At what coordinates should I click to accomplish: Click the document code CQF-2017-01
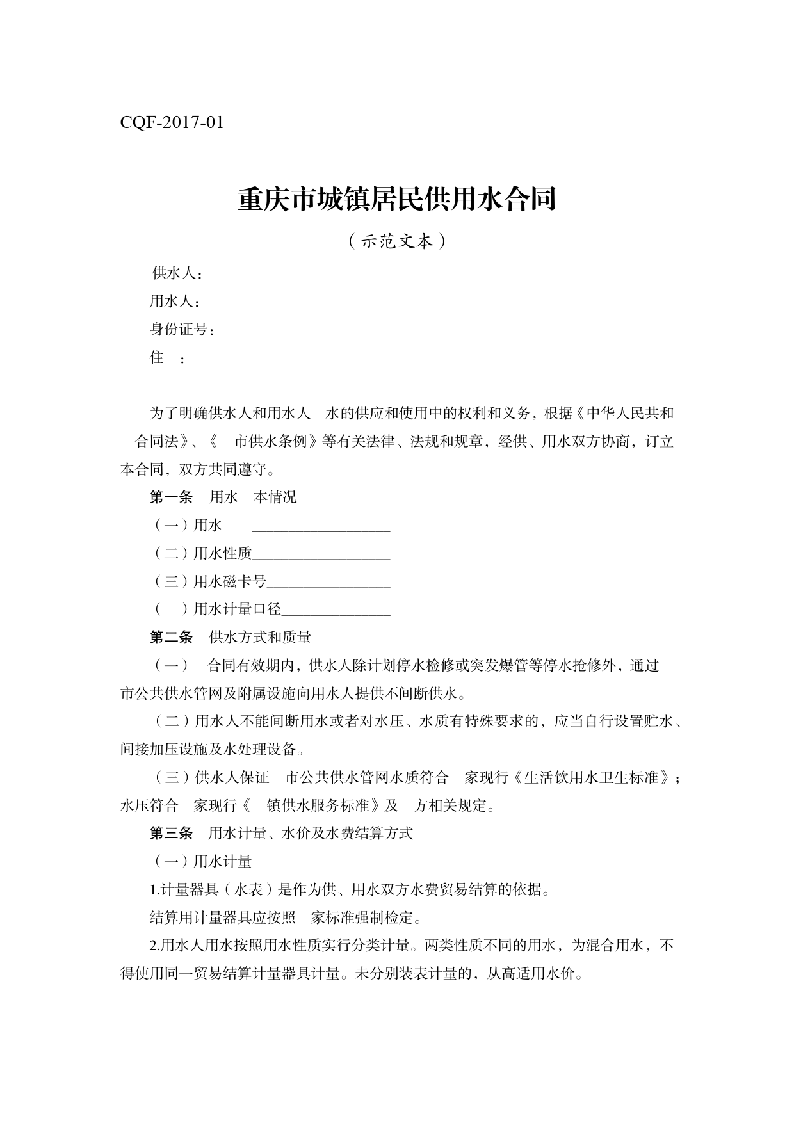[x=172, y=122]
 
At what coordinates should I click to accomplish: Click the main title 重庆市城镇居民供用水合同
[x=396, y=199]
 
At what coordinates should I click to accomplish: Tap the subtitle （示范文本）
[x=397, y=241]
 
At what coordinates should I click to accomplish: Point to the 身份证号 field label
[x=181, y=330]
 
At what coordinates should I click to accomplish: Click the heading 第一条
[x=171, y=497]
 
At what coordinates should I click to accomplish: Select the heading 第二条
[x=171, y=638]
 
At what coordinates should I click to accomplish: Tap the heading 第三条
[x=171, y=833]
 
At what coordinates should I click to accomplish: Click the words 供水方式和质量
[x=260, y=638]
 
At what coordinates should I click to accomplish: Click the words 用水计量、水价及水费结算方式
[x=311, y=833]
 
